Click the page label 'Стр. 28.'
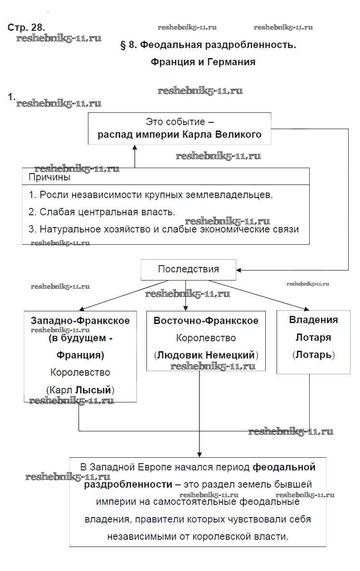click(x=26, y=27)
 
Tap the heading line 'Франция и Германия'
click(x=203, y=62)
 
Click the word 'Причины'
click(x=49, y=177)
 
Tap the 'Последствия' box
click(x=188, y=269)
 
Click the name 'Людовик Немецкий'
click(x=206, y=355)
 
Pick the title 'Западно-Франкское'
click(x=80, y=321)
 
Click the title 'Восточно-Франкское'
click(x=206, y=321)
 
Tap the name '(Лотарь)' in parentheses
click(x=313, y=355)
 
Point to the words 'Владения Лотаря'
click(x=313, y=329)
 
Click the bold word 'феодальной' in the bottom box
click(x=284, y=467)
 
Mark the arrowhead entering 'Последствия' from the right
click(x=239, y=270)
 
